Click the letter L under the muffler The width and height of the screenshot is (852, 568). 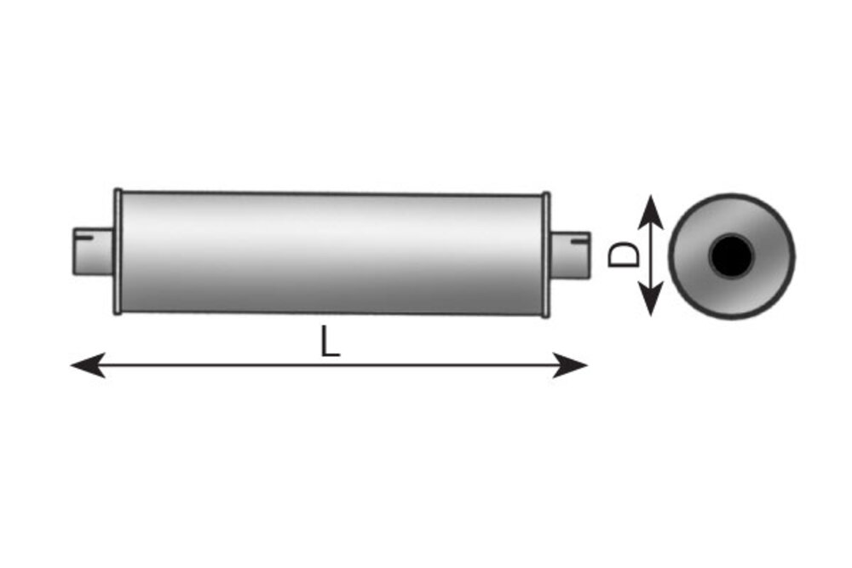click(x=330, y=341)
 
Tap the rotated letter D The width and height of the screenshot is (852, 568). click(x=623, y=254)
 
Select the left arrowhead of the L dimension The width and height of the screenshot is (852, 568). click(x=88, y=365)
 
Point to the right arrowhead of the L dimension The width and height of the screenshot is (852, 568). click(x=570, y=365)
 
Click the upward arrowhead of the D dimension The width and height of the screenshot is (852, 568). click(x=650, y=212)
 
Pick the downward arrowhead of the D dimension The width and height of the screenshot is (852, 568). click(x=650, y=298)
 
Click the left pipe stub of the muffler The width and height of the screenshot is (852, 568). click(x=94, y=251)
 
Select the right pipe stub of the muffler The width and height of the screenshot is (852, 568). click(x=570, y=254)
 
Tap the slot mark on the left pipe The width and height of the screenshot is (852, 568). click(x=83, y=237)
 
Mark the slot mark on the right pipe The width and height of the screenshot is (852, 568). click(x=579, y=238)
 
